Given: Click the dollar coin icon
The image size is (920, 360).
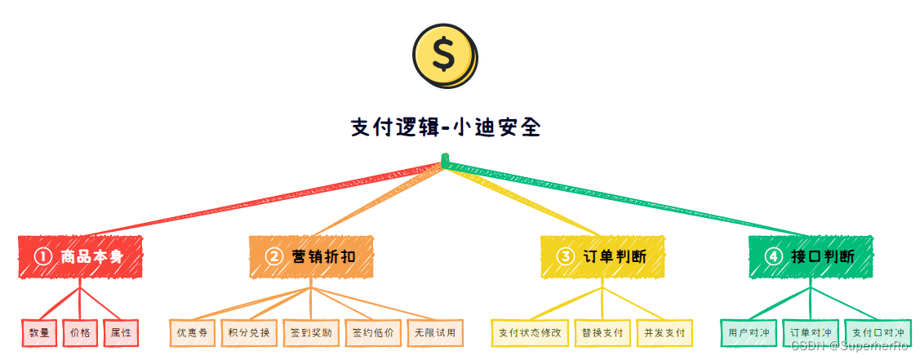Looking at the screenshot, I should (444, 55).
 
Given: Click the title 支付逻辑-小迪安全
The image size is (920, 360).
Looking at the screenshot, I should (445, 127).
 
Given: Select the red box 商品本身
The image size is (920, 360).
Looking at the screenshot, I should (80, 256).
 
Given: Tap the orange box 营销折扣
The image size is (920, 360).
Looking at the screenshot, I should (312, 256).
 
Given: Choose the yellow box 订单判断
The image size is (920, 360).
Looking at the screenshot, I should (602, 256).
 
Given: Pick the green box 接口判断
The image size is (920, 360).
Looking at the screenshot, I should (811, 256).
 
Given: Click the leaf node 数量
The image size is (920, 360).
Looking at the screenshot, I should (39, 333).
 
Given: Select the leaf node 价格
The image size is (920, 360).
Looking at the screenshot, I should (80, 333).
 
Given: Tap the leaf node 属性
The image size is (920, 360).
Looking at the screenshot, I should (121, 333).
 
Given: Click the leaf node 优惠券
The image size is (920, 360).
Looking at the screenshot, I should (193, 333).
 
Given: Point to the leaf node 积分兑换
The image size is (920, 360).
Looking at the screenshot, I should (250, 333).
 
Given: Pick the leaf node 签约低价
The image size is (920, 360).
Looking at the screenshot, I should (373, 333).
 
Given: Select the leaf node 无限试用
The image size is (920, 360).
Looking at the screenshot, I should (434, 333).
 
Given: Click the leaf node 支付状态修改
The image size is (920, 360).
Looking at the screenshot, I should (530, 333).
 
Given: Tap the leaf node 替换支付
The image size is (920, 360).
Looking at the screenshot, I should (602, 333).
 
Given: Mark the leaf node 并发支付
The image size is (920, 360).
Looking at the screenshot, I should (664, 333).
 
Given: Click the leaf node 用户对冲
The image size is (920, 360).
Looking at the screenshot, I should (749, 333).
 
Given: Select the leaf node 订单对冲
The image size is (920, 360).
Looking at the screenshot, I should (811, 333).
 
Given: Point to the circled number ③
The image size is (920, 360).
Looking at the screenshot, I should (565, 256).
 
